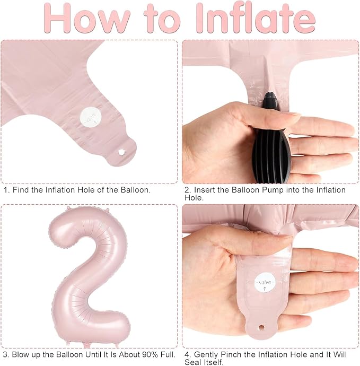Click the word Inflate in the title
point(256,18)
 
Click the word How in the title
point(87,19)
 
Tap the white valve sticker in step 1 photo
point(91,117)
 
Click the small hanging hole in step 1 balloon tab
point(121,152)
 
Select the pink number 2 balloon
point(89,276)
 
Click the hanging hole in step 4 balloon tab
point(261,327)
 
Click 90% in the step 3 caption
point(150,354)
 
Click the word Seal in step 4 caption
point(193,362)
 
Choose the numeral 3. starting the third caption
point(6,354)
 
